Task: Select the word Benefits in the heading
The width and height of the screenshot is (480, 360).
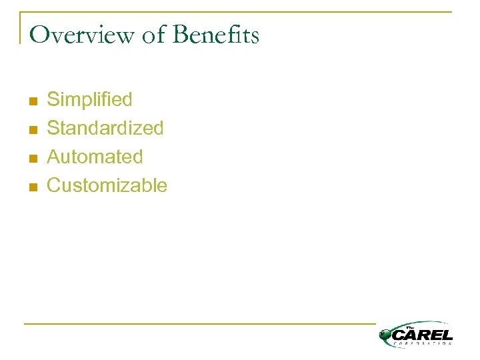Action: pyautogui.click(x=216, y=35)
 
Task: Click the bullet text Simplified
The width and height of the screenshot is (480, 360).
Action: pyautogui.click(x=89, y=100)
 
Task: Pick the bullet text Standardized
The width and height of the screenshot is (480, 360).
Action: pyautogui.click(x=105, y=128)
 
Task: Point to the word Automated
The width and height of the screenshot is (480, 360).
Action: pyautogui.click(x=95, y=157)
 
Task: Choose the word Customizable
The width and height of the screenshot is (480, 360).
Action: pyautogui.click(x=107, y=185)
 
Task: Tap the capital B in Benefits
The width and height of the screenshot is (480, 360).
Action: pyautogui.click(x=181, y=35)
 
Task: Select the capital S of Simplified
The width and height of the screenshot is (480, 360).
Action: pyautogui.click(x=53, y=100)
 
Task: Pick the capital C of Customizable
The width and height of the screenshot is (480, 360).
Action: pyautogui.click(x=53, y=185)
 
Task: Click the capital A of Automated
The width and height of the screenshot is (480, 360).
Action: pyautogui.click(x=53, y=157)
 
